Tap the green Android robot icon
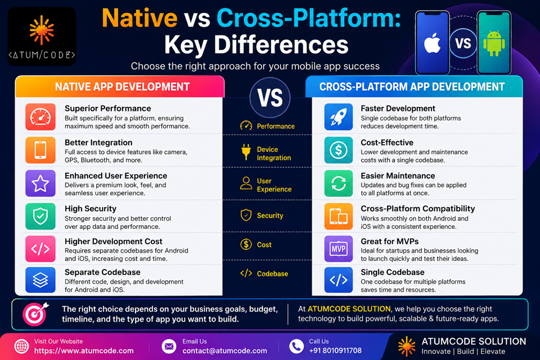click(x=494, y=43)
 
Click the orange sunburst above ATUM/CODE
click(x=42, y=30)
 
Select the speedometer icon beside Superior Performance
click(x=40, y=117)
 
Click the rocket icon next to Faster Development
click(x=339, y=117)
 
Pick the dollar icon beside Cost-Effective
click(x=339, y=150)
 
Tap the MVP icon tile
click(x=339, y=249)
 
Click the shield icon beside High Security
click(x=40, y=216)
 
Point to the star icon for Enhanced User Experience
click(x=40, y=183)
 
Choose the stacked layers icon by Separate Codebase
click(x=40, y=280)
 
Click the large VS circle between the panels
click(x=270, y=98)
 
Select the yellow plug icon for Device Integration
click(x=246, y=152)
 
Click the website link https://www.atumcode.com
click(x=84, y=350)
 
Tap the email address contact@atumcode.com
click(x=224, y=350)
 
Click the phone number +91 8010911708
click(x=335, y=350)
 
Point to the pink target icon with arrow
click(x=35, y=314)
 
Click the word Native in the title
click(x=139, y=18)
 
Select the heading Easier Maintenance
click(x=398, y=175)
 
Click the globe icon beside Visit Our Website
click(x=21, y=346)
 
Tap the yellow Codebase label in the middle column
click(x=272, y=274)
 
